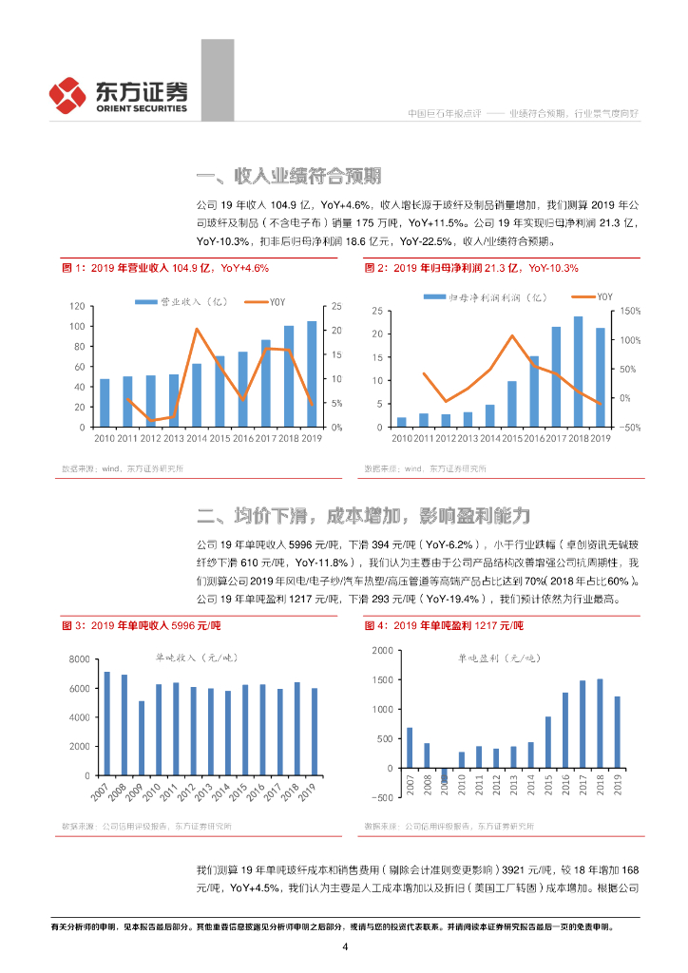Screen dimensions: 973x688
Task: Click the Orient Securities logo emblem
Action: pos(69,94)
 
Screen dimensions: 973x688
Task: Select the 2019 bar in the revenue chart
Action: pos(312,374)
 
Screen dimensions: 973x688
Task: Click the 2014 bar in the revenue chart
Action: pos(197,395)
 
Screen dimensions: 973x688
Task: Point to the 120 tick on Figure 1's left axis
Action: pos(77,307)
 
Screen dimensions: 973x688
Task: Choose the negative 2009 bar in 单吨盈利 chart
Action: pos(444,774)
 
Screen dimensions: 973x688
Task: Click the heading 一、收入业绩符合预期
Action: pos(289,176)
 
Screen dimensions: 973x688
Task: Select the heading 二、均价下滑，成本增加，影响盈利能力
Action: pos(362,516)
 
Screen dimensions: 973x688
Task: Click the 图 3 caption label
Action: pos(74,626)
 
